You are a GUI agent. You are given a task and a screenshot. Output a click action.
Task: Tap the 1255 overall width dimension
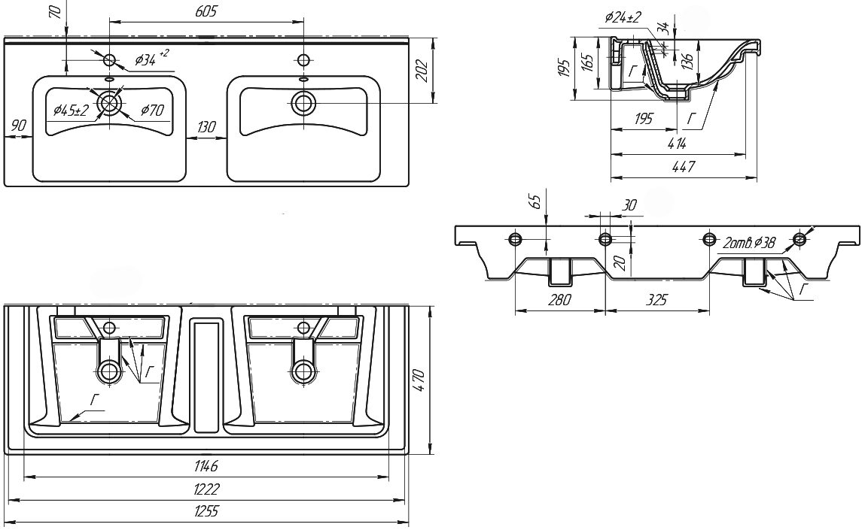tap(206, 512)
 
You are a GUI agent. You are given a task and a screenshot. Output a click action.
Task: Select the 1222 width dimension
tap(206, 489)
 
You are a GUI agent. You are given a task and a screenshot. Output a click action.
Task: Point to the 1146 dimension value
tap(206, 467)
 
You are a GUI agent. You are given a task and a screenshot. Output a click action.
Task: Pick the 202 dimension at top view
tap(422, 71)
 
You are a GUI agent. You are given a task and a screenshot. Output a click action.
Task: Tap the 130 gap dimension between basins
tap(206, 128)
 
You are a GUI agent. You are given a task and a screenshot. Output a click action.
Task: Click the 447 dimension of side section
tap(683, 168)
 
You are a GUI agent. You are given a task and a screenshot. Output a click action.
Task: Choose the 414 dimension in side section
tap(675, 144)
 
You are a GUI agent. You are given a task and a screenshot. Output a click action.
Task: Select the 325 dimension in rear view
tap(656, 300)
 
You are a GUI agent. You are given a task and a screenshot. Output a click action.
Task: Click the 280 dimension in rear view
tap(560, 300)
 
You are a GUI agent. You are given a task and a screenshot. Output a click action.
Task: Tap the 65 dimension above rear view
tap(535, 201)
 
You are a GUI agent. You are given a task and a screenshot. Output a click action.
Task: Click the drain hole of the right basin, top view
tap(304, 101)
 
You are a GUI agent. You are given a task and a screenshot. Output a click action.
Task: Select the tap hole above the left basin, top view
tap(110, 60)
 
